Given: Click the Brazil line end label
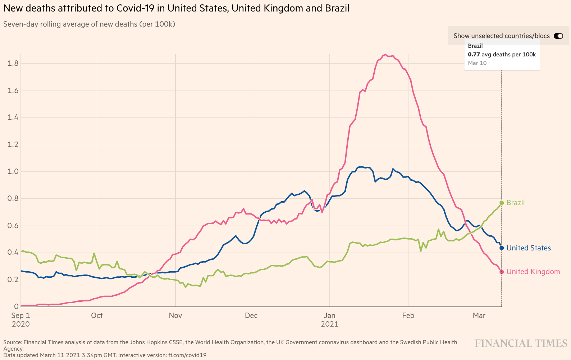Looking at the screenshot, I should coord(515,203).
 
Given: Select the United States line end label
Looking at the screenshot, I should coord(528,248).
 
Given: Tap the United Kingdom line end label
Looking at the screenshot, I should coord(533,272).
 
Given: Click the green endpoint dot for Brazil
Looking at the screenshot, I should coord(502,203).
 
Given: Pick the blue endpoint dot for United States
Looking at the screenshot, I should coord(502,248).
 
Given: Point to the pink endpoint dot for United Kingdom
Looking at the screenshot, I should coord(502,272).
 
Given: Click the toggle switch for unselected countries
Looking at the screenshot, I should coord(558,36).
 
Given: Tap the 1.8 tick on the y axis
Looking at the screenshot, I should coord(13,64).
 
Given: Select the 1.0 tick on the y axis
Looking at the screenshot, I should coord(13,171).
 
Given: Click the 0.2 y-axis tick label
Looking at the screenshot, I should coord(13,280).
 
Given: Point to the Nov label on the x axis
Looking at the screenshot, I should coord(175,315).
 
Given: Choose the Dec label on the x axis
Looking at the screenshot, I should coord(251,315).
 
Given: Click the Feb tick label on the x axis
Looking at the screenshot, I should coord(408,315).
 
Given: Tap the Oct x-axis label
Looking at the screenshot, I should coord(97,315).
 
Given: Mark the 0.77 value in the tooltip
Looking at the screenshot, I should coord(474,55).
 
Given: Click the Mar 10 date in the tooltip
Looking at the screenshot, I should coord(477,63).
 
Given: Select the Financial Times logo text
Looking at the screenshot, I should coord(521,343).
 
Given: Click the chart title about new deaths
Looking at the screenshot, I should coord(176,8).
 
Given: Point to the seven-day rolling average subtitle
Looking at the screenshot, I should coord(89,24).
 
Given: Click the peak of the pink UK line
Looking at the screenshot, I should coord(385,55).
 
